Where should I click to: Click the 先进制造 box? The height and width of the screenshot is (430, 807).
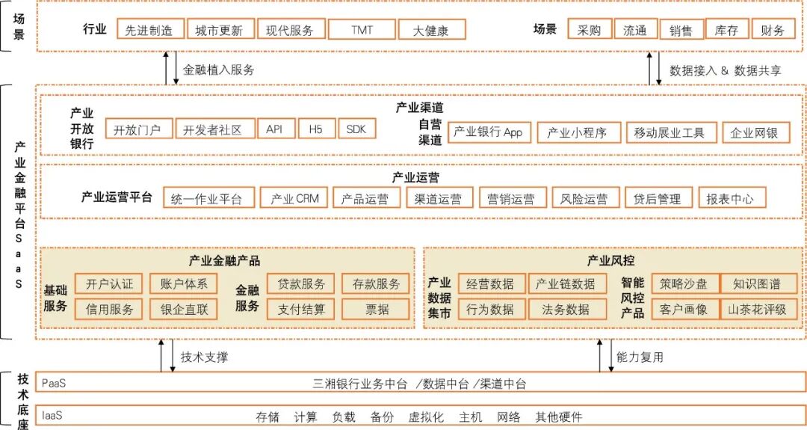point(149,30)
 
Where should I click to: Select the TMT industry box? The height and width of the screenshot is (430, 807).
point(362,30)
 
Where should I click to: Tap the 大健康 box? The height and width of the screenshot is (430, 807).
point(432,30)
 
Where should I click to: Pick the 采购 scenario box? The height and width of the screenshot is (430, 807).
point(589,30)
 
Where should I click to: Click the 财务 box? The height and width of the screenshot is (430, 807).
point(773,30)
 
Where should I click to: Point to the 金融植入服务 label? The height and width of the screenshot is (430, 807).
point(218,70)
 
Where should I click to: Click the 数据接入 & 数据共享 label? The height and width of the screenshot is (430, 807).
point(726,70)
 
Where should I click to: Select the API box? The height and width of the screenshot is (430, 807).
point(275,129)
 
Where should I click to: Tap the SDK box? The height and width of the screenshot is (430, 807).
point(356,129)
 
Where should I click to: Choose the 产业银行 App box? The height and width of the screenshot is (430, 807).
point(489,132)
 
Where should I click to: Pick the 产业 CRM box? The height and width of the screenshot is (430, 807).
point(295,199)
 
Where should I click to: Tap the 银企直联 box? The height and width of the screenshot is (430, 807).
point(184,309)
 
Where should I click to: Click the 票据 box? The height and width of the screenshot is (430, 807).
point(377,309)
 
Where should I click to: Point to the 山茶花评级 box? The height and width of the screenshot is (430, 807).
point(759,309)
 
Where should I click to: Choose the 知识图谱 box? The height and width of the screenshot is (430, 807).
point(759,283)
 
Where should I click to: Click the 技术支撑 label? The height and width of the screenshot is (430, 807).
point(204,357)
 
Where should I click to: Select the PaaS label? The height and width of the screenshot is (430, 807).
point(54,383)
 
